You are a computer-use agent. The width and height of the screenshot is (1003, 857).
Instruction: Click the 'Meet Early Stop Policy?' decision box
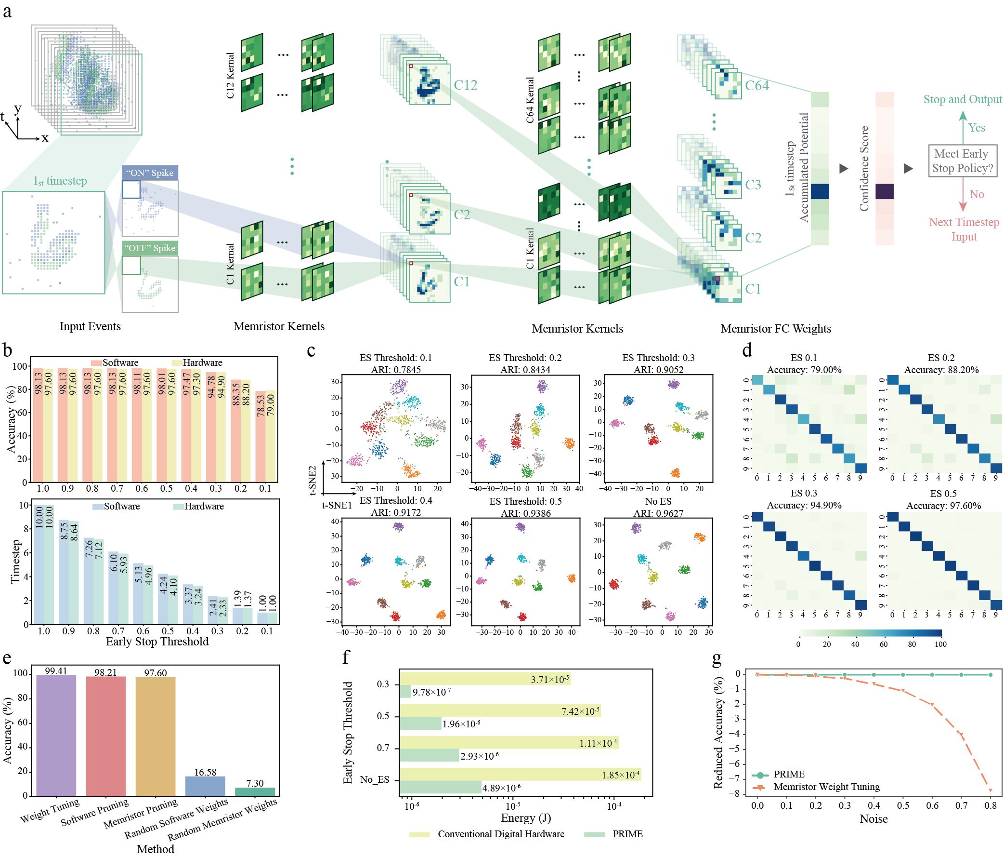pyautogui.click(x=963, y=161)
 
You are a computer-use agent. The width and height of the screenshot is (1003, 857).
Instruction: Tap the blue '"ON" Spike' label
pyautogui.click(x=150, y=173)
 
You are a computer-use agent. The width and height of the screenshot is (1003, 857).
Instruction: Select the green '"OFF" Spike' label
pyautogui.click(x=150, y=248)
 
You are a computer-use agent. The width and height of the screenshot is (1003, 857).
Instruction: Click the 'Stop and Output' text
pyautogui.click(x=963, y=99)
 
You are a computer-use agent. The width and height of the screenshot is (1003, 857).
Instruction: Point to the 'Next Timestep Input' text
pyautogui.click(x=964, y=229)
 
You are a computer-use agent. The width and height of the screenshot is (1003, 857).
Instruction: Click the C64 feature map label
pyautogui.click(x=756, y=86)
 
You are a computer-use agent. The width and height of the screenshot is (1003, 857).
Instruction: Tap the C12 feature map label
pyautogui.click(x=465, y=85)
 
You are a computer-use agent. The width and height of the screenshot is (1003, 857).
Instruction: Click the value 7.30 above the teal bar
pyautogui.click(x=255, y=783)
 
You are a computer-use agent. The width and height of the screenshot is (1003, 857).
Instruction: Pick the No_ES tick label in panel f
pyautogui.click(x=375, y=779)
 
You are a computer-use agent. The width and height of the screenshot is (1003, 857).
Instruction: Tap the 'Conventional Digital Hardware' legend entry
pyautogui.click(x=500, y=834)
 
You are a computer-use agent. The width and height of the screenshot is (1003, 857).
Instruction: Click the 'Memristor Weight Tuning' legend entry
pyautogui.click(x=826, y=787)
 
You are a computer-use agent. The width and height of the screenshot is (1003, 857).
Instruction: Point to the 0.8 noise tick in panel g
pyautogui.click(x=990, y=805)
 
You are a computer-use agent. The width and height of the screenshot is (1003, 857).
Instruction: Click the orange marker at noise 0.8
pyautogui.click(x=990, y=790)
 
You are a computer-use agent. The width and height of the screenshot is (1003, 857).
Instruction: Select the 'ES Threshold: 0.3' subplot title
pyautogui.click(x=658, y=358)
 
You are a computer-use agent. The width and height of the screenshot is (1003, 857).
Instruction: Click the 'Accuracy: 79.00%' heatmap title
pyautogui.click(x=804, y=370)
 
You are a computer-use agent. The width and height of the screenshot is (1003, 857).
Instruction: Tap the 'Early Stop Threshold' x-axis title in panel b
pyautogui.click(x=157, y=642)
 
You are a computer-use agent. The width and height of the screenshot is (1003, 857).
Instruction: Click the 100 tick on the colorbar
pyautogui.click(x=940, y=644)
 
